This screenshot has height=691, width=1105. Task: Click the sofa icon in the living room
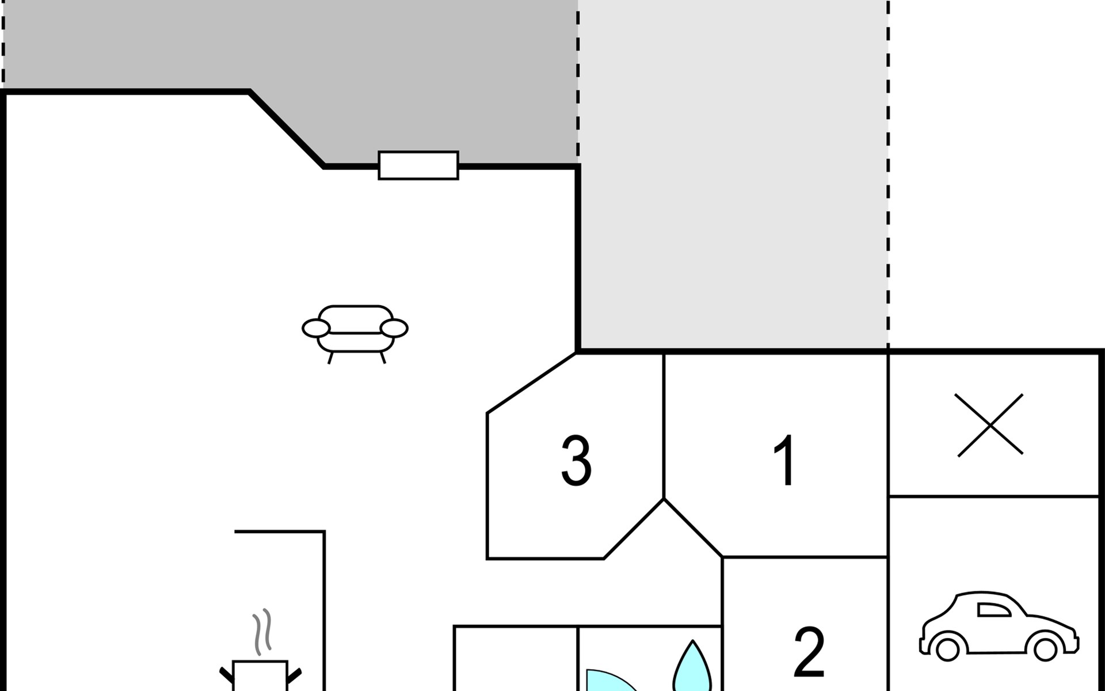coord(355,329)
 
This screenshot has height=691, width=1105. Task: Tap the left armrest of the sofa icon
coord(316,328)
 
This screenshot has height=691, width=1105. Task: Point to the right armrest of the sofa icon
coord(394,328)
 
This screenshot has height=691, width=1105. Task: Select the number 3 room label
coord(576,461)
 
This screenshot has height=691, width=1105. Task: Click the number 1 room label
coord(786,461)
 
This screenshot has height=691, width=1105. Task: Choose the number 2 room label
coord(809,652)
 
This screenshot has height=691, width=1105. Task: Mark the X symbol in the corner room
coord(990,425)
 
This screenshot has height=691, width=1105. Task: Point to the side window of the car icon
coord(993,610)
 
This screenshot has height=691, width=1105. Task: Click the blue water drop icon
coord(692,668)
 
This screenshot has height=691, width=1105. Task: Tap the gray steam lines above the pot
coord(262,632)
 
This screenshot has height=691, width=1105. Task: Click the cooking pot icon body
coord(260,677)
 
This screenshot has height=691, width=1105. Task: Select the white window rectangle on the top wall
coord(418,165)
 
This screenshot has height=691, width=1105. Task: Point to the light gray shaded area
coord(733,173)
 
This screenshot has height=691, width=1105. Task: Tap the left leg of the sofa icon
coord(330,358)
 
